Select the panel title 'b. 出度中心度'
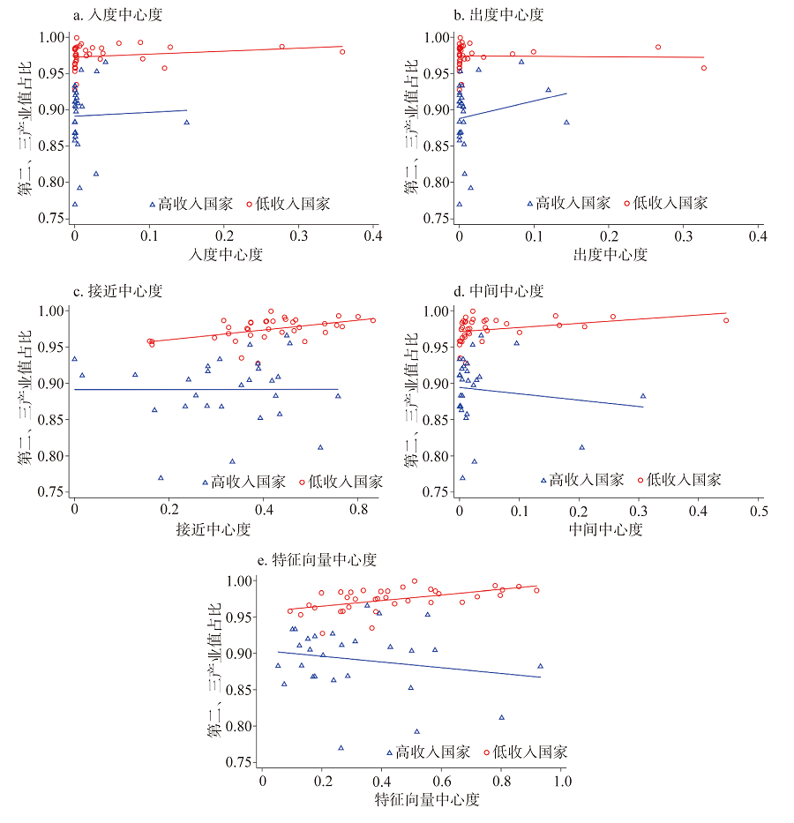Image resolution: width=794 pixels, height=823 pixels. (x=498, y=15)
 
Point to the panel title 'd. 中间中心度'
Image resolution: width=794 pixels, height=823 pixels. (x=498, y=291)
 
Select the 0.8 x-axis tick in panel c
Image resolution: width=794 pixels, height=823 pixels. (x=358, y=510)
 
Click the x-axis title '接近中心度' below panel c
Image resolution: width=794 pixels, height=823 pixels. (x=214, y=529)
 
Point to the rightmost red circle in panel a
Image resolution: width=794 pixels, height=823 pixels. (x=342, y=52)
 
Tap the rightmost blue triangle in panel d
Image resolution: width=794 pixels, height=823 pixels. (x=642, y=396)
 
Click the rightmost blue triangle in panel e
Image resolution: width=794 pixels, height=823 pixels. (x=540, y=666)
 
